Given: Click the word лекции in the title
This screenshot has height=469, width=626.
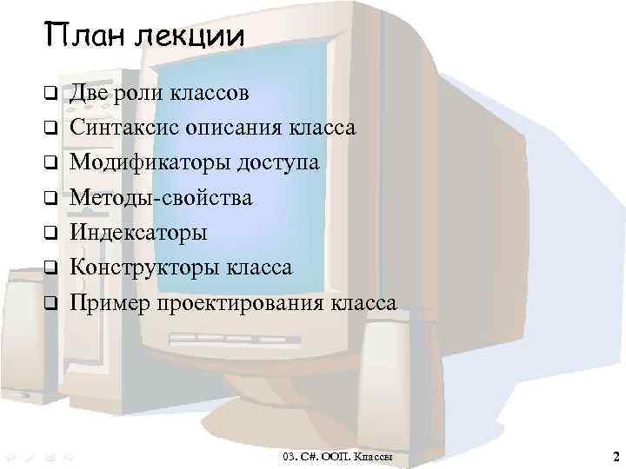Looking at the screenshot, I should pos(190,36).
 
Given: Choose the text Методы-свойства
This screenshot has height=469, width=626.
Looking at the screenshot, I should pos(161,198).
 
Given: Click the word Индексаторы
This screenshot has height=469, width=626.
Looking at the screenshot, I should pos(139,233).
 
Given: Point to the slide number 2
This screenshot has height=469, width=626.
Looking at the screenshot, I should pos(615,456).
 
